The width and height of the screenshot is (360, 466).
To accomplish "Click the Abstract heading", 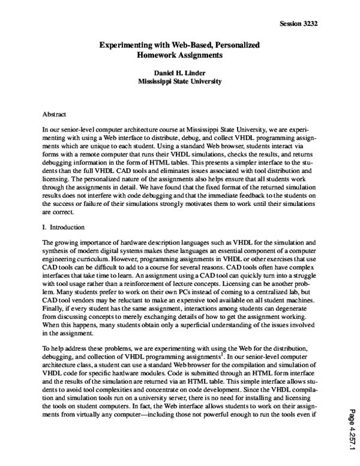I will click(x=54, y=113).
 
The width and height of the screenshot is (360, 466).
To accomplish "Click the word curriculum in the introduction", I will click(x=91, y=259).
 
